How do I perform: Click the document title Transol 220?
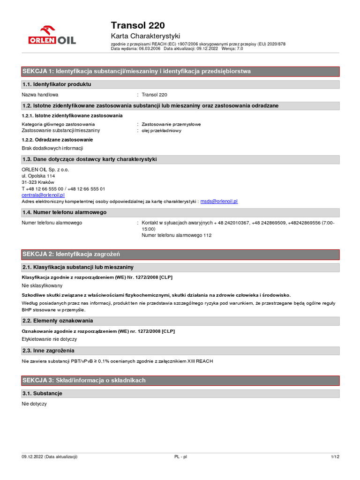tap(138, 25)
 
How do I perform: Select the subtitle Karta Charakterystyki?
tap(145, 36)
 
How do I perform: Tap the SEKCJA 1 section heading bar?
tap(180, 71)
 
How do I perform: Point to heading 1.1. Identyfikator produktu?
tap(57, 84)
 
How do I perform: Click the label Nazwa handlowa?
tap(40, 95)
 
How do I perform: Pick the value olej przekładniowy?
tap(162, 131)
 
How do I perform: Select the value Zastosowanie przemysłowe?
tap(172, 124)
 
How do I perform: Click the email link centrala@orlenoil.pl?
tap(43, 195)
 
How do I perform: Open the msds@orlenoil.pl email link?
tap(219, 201)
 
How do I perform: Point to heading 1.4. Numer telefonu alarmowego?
tap(64, 212)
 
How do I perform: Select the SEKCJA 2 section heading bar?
tap(180, 255)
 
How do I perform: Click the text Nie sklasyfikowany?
tap(42, 285)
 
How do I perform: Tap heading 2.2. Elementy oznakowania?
tap(58, 321)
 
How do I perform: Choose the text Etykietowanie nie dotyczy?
tap(49, 339)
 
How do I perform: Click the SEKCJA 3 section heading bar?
tap(180, 380)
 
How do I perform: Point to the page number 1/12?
tap(335, 457)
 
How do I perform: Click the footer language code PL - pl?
tap(180, 457)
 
